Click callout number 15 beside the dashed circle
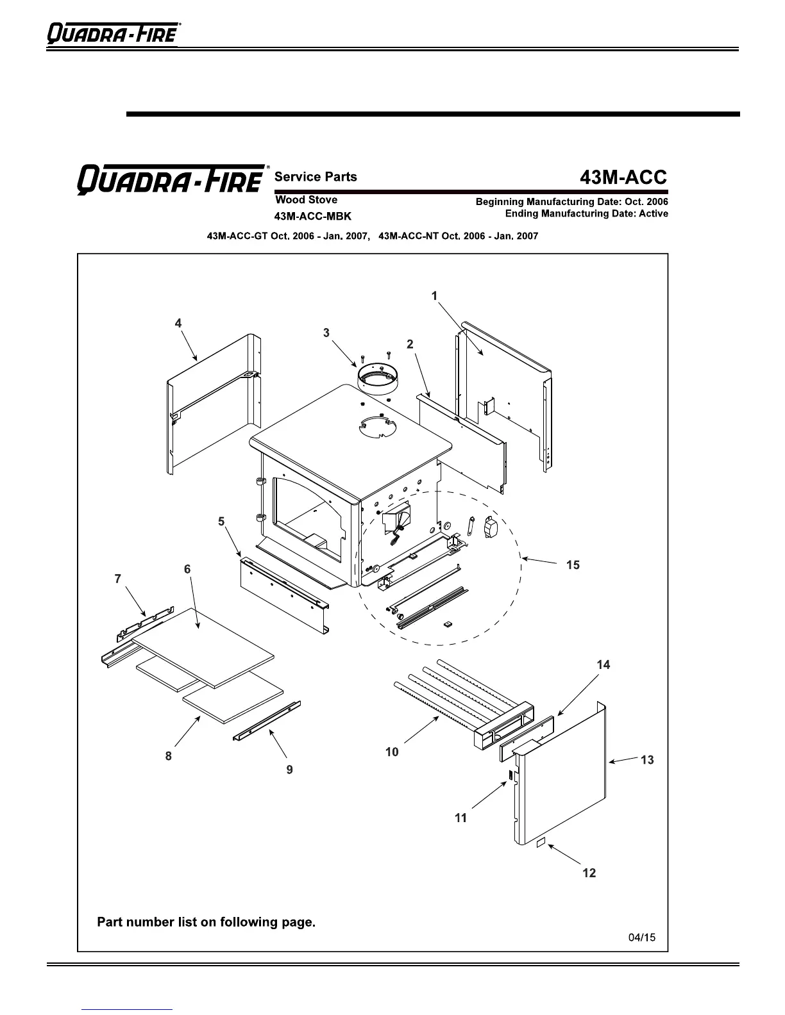tap(573, 565)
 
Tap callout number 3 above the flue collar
tap(326, 333)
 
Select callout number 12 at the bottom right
tap(589, 873)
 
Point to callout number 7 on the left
tap(118, 579)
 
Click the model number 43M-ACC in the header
tap(623, 177)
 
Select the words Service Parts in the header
tap(316, 177)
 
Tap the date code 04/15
tap(642, 937)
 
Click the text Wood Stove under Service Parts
tap(306, 200)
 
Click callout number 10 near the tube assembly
tap(392, 752)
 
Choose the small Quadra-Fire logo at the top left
tap(113, 33)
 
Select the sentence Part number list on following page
tap(206, 922)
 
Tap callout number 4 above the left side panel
tap(178, 323)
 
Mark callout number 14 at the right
tap(603, 664)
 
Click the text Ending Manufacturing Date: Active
tap(586, 213)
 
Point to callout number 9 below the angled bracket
tap(290, 770)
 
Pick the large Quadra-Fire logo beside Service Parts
tap(171, 179)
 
